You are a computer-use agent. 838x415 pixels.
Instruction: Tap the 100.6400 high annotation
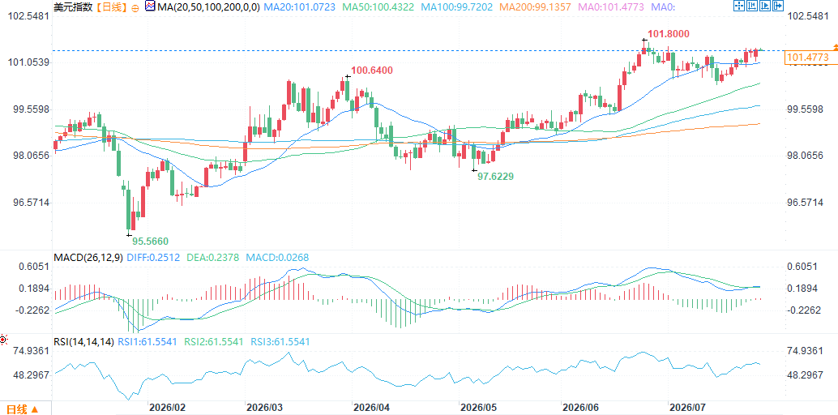pyautogui.click(x=372, y=71)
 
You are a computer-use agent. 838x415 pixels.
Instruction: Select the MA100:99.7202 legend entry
pyautogui.click(x=458, y=7)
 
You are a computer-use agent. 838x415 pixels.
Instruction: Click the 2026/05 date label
pyautogui.click(x=478, y=408)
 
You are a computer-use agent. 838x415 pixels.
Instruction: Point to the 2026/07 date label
pyautogui.click(x=688, y=408)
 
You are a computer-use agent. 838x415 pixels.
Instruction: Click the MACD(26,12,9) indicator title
pyautogui.click(x=88, y=257)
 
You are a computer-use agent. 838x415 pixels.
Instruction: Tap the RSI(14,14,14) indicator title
pyautogui.click(x=84, y=341)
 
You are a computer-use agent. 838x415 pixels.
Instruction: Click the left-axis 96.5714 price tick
pyautogui.click(x=32, y=202)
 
